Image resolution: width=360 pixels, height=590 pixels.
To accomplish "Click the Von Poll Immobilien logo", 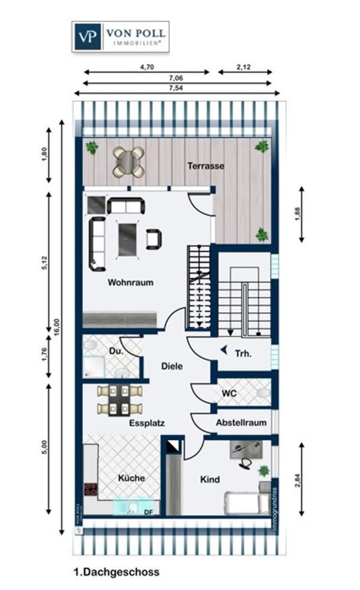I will [120, 37].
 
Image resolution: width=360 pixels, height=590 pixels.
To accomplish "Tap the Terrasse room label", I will [206, 166].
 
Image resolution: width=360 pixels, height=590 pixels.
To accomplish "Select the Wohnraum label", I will [130, 282].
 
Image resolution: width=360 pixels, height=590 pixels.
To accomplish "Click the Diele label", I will [172, 366].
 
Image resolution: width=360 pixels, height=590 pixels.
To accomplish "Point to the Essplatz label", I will [147, 422].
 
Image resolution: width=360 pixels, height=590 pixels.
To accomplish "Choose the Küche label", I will [131, 478].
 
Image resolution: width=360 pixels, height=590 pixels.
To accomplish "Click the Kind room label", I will [210, 480].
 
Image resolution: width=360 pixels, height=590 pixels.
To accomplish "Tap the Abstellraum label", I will [241, 422].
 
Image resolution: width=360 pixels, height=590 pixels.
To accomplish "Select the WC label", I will [229, 392].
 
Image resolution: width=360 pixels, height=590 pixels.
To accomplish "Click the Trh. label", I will [243, 354].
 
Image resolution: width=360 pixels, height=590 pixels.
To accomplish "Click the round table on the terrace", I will [128, 162].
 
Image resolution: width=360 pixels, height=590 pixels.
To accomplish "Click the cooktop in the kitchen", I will [91, 489].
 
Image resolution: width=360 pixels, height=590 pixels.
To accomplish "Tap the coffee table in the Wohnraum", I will [127, 238].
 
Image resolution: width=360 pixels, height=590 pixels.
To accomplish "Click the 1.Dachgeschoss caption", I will [116, 572].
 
